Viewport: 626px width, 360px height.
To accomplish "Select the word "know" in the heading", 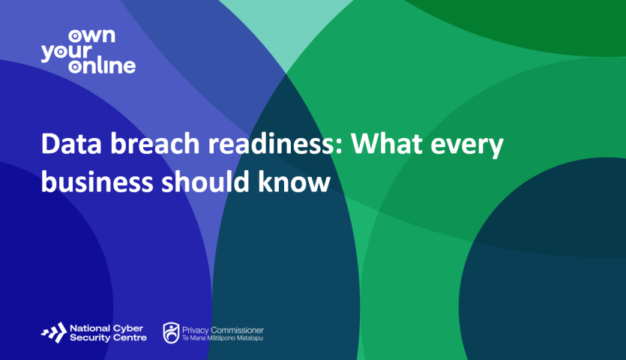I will (x=294, y=181).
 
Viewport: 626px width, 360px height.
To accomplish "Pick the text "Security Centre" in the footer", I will (x=107, y=337).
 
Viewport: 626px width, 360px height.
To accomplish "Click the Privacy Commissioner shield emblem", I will (x=171, y=331).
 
